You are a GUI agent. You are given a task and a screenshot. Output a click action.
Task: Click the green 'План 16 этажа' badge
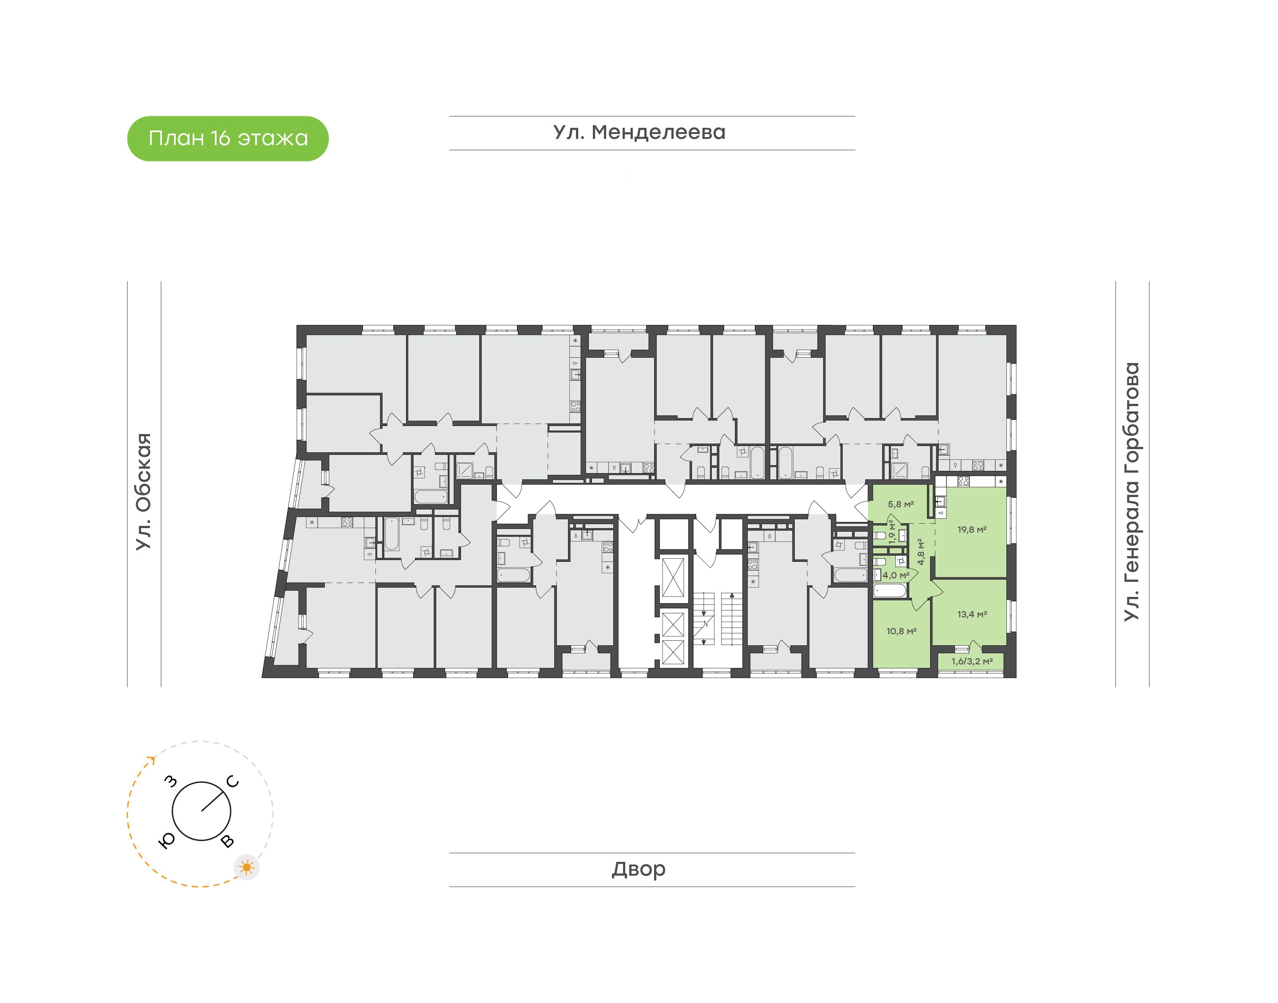(x=228, y=138)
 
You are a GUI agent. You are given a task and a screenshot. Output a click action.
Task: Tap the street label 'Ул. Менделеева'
(x=639, y=132)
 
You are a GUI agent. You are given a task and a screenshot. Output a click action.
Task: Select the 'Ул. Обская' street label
(x=144, y=492)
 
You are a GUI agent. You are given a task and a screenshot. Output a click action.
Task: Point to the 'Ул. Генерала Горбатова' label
(x=1131, y=492)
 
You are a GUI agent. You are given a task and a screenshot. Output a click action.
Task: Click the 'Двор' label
(x=639, y=869)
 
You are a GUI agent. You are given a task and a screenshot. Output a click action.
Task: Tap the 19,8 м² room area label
(x=971, y=529)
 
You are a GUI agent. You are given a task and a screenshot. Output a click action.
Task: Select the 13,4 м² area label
(x=971, y=614)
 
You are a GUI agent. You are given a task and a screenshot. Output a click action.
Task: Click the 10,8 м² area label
(x=901, y=631)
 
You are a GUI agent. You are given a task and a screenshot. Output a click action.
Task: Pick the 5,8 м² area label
(x=900, y=504)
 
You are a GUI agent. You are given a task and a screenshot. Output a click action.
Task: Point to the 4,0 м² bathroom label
(x=896, y=576)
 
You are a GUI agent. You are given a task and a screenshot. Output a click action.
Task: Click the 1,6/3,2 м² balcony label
(x=972, y=661)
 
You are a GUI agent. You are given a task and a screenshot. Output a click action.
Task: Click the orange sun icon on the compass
(x=247, y=867)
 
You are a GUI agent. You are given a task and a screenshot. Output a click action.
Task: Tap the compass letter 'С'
(x=233, y=782)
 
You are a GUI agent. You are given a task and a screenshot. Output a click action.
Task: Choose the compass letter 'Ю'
(x=167, y=841)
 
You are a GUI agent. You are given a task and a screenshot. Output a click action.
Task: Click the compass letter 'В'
(x=227, y=842)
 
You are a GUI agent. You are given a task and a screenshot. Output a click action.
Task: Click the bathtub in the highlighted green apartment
(x=890, y=591)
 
